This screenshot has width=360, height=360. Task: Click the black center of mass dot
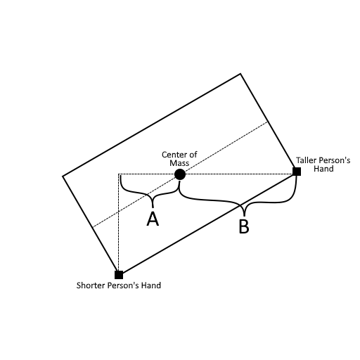tap(180, 174)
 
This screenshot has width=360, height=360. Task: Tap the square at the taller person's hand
tap(297, 172)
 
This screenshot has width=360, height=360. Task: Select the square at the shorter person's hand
tap(119, 275)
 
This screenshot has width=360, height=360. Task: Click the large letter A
tap(153, 219)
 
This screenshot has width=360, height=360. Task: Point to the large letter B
tap(244, 226)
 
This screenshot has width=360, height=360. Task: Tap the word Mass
tap(179, 163)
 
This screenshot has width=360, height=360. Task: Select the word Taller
tap(305, 160)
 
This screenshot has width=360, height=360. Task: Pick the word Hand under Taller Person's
tap(323, 169)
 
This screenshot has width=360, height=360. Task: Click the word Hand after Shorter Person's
tap(151, 285)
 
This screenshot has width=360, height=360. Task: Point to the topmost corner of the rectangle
tap(240, 74)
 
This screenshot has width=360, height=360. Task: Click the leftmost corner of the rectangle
tap(63, 176)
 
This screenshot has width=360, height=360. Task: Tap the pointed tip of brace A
tap(153, 207)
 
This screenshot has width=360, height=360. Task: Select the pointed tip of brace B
tap(244, 215)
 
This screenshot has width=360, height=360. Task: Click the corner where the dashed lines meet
tap(119, 174)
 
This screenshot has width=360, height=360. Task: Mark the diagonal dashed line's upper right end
tap(268, 122)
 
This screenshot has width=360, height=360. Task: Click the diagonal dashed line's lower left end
tap(92, 227)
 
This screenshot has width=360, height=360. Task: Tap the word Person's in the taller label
tap(333, 160)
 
